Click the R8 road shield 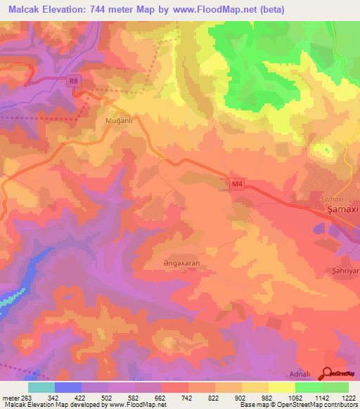click(75, 82)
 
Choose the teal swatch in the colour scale click(41, 387)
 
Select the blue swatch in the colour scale click(67, 387)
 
